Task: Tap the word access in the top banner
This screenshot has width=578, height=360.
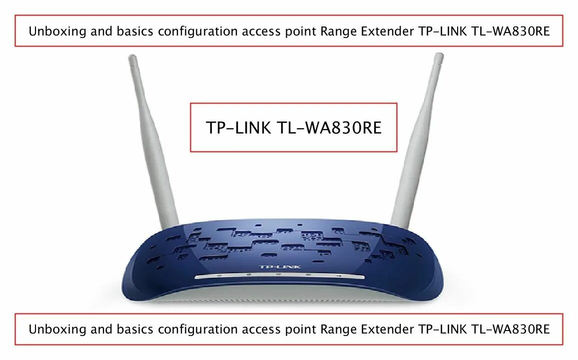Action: pos(261,32)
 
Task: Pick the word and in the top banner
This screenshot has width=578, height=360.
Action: pos(89,31)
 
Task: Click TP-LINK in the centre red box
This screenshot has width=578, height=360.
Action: pos(238,128)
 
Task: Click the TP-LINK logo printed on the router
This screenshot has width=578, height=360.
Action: pos(280,267)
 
